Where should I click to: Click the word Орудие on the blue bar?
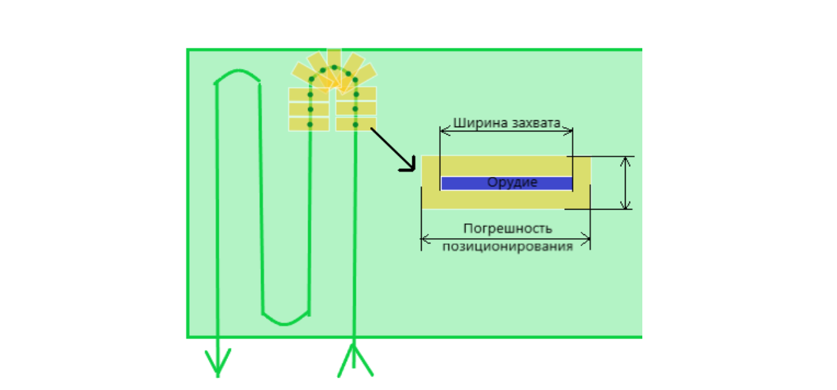(512, 183)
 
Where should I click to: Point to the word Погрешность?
(507, 228)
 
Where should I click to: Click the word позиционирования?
(507, 246)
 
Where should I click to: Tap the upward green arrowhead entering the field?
(354, 354)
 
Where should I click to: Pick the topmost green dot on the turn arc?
(334, 67)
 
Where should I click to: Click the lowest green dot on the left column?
(310, 125)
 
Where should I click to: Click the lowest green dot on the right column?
(356, 125)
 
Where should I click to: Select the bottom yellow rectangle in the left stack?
(309, 125)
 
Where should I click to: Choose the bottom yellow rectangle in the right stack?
(356, 125)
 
